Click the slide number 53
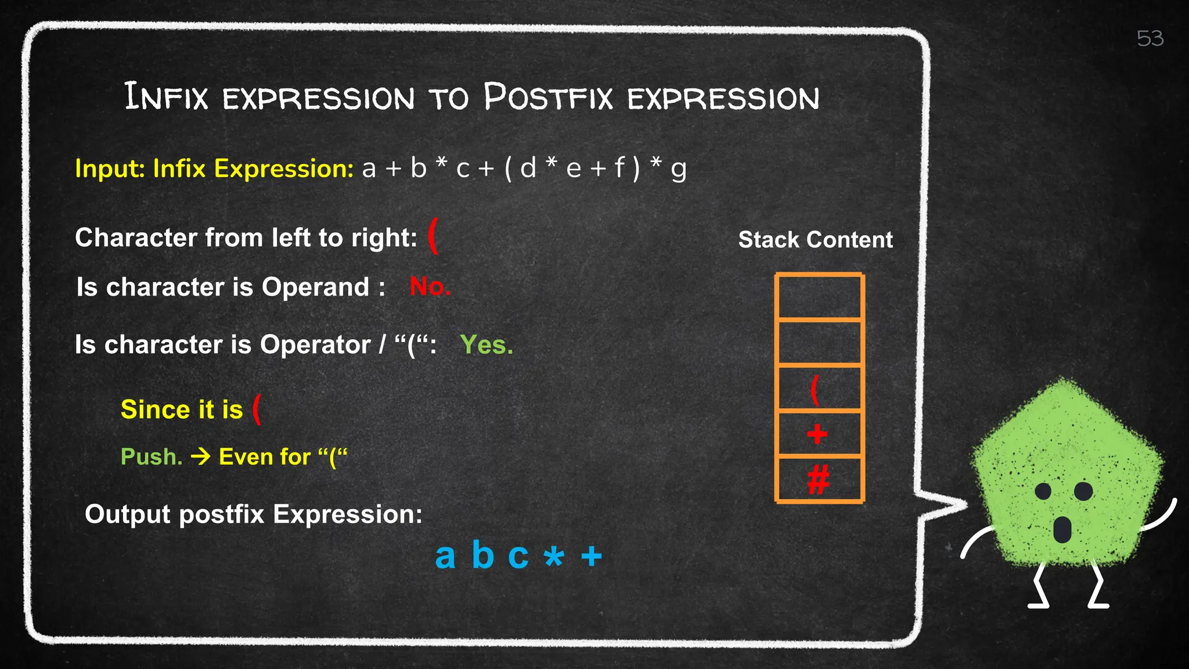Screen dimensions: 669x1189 point(1150,39)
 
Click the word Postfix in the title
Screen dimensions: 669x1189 point(548,97)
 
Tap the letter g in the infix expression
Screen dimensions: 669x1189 point(678,170)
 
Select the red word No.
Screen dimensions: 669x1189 point(430,286)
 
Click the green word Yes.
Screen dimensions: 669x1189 point(487,345)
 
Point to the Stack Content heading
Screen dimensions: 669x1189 point(815,240)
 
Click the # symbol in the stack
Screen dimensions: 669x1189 point(819,480)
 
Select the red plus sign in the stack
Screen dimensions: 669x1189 point(817,434)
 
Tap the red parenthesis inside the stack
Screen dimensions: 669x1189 point(815,389)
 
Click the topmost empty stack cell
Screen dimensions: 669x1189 point(819,297)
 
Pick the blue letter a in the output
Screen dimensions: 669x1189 point(445,556)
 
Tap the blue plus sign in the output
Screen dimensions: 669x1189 point(592,556)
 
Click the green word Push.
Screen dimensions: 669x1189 point(151,457)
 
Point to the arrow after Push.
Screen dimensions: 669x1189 point(201,457)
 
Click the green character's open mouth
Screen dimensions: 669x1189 point(1062,528)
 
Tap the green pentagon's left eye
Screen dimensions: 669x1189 point(1043,491)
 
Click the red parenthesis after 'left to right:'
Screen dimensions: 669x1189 point(433,236)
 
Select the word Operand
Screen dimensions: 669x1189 point(315,287)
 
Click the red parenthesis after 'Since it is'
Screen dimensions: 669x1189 point(257,409)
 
